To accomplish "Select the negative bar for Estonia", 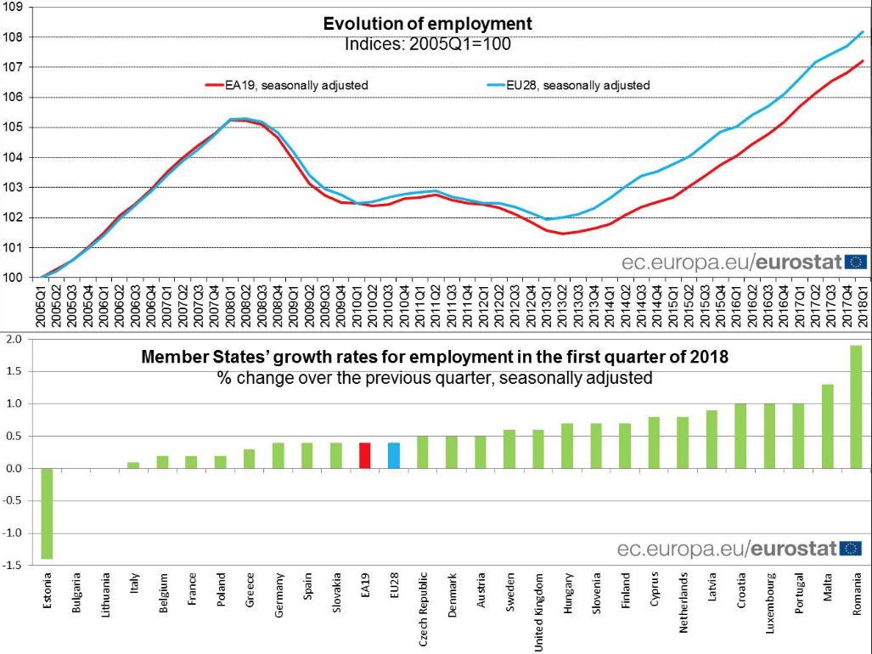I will tap(47, 513).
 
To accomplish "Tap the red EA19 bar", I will tap(364, 455).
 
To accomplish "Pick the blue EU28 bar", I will tap(393, 455).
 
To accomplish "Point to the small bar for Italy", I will tap(133, 465).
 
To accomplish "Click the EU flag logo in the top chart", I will tap(855, 262).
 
